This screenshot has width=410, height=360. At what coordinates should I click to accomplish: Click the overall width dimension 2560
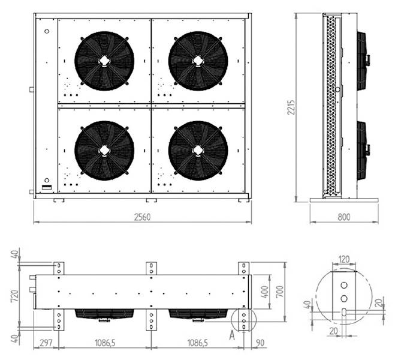click(141, 217)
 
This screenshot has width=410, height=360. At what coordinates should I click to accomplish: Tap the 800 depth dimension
click(343, 217)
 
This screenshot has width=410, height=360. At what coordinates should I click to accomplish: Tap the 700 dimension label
click(280, 293)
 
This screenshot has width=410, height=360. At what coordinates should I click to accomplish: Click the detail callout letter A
click(231, 336)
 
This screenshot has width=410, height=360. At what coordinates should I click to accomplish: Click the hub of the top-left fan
click(104, 61)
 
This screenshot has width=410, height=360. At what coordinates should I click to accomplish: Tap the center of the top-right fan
click(198, 61)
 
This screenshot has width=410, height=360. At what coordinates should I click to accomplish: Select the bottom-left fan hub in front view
click(104, 151)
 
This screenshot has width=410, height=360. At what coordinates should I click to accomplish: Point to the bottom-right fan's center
click(198, 151)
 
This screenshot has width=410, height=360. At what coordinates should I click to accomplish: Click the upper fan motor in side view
click(363, 60)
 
